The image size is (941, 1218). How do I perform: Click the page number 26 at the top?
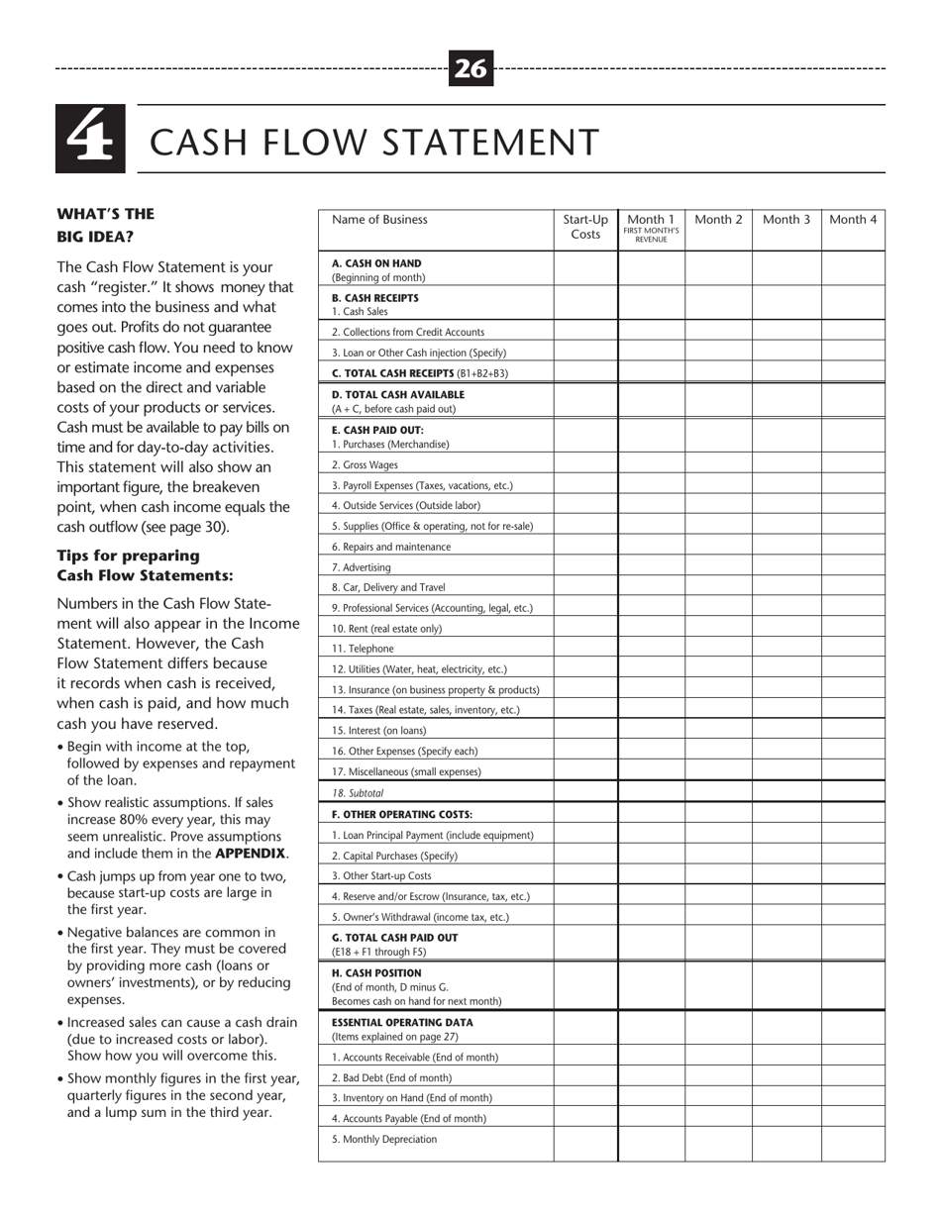470,68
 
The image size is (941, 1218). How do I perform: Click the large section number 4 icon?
90,139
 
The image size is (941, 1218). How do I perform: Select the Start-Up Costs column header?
585,227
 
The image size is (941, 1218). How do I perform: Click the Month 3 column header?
786,220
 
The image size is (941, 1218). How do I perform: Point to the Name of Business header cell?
380,220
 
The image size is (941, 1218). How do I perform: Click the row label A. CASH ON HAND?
376,263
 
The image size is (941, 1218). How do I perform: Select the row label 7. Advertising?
362,567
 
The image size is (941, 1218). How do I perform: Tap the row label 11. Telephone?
363,649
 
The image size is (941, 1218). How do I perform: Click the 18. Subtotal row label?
358,793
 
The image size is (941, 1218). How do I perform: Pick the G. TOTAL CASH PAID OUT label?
395,937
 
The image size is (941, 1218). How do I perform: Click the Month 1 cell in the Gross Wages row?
651,464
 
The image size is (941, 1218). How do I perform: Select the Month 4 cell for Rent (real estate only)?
853,628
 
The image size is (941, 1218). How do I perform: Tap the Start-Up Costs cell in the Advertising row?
585,567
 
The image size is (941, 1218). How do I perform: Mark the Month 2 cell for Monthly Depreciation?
718,1140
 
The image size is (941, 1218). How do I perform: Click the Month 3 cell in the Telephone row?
786,649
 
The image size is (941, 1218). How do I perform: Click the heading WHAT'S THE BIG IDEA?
106,225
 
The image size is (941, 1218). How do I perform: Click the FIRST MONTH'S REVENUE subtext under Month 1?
651,235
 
